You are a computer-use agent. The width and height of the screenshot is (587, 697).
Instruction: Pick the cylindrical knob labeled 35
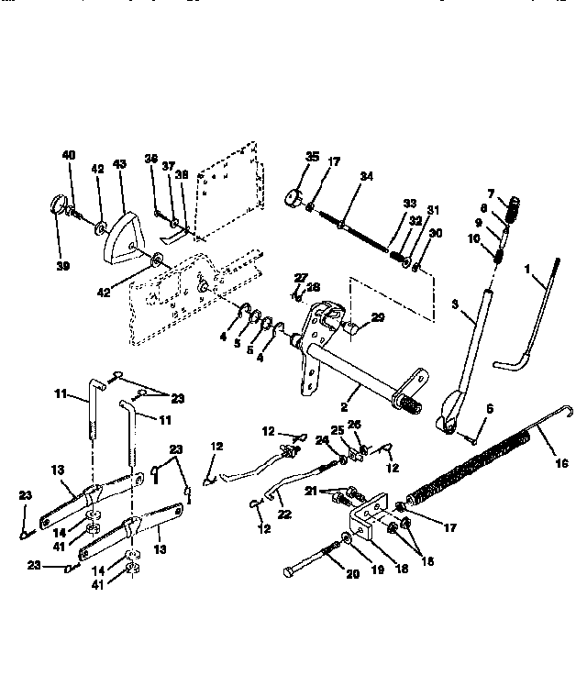295,196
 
